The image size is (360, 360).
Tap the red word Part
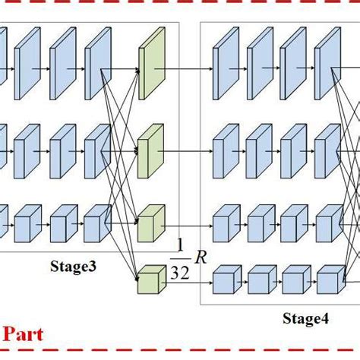(24, 333)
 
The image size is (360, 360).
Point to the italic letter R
(201, 257)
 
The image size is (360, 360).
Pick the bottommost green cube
(150, 279)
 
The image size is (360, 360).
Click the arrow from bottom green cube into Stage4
(190, 281)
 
